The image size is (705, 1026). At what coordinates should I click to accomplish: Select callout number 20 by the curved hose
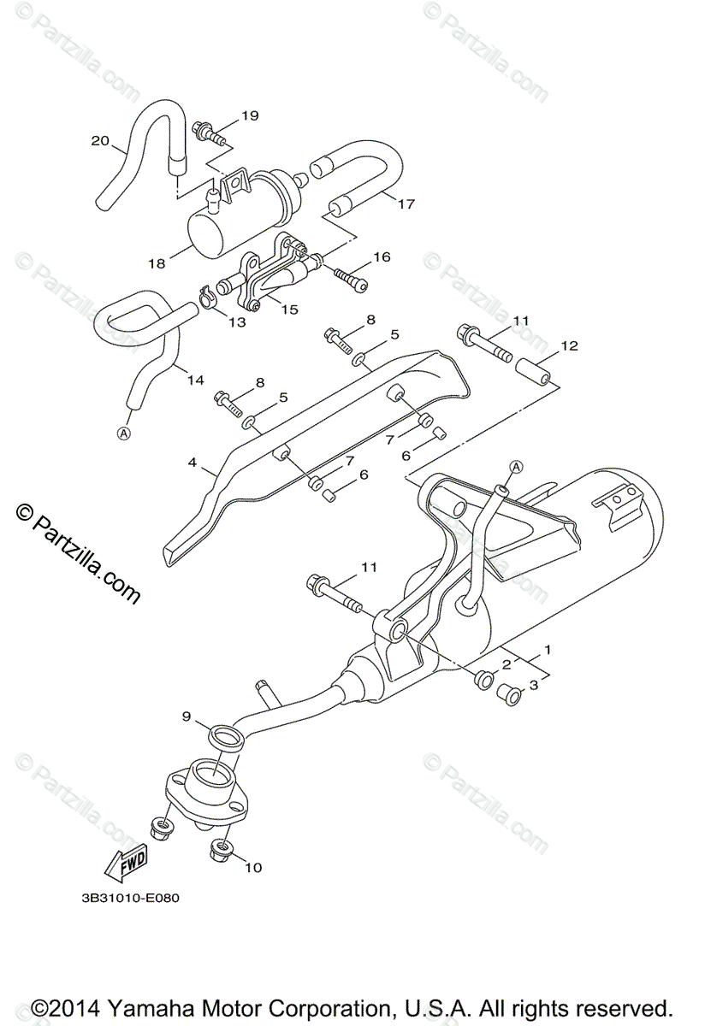point(100,141)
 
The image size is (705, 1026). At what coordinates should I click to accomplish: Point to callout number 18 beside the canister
point(156,264)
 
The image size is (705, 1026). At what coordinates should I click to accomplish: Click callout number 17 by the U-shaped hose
point(405,203)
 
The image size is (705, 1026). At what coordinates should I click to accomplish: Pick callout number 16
point(381,256)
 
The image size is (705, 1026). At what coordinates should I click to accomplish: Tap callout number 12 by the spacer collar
point(569,346)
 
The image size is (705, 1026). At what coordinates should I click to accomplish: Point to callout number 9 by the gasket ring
point(186,715)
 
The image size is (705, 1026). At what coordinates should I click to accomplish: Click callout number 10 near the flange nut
point(252,868)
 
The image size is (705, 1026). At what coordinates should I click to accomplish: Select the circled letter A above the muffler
point(516,466)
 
